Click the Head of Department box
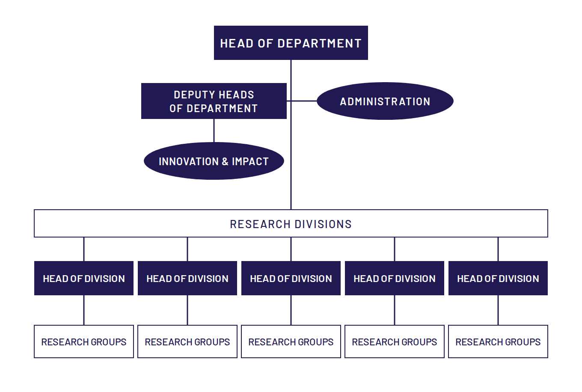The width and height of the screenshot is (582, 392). (x=291, y=43)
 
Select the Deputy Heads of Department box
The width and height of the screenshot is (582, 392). (x=214, y=101)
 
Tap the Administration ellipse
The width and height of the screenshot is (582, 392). (x=385, y=101)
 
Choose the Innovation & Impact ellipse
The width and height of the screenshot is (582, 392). (x=214, y=161)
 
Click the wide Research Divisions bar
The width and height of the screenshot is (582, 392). (x=291, y=223)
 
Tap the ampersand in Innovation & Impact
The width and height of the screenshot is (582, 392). (x=225, y=162)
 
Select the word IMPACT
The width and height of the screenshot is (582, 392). (x=250, y=162)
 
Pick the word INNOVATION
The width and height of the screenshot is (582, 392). (x=189, y=162)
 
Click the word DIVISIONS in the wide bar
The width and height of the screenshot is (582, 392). (x=323, y=224)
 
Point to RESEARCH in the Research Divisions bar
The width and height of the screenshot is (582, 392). (x=260, y=224)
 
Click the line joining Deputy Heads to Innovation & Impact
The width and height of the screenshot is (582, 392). (x=214, y=131)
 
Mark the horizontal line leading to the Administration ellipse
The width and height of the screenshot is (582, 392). (x=302, y=101)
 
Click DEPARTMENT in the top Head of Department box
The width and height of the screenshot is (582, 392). (x=319, y=43)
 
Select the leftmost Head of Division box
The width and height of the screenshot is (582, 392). (x=84, y=278)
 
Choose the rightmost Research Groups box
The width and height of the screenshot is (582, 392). (x=498, y=342)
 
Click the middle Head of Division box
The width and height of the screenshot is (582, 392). (x=291, y=278)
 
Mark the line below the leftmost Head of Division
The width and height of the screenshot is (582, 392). (x=84, y=310)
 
